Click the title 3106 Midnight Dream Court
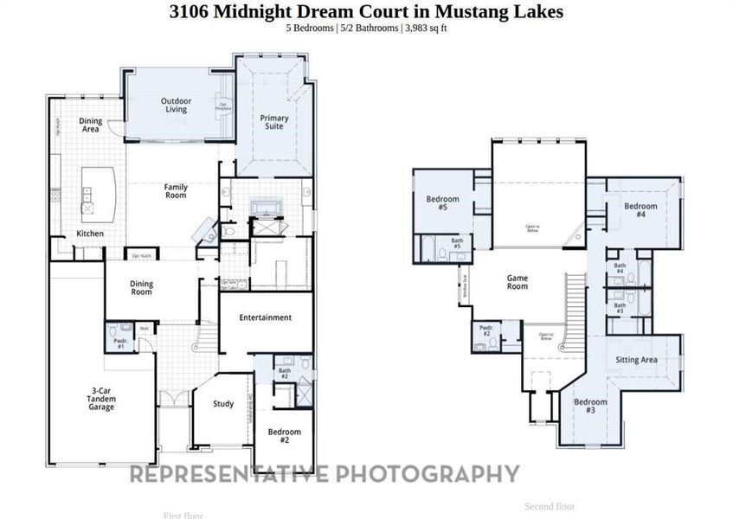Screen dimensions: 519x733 [366, 12]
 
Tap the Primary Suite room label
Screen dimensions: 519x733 [274, 122]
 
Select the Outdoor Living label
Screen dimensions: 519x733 [176, 106]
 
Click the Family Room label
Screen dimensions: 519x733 [176, 191]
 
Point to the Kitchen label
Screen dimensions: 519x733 [90, 234]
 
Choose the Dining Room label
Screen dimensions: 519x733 [141, 288]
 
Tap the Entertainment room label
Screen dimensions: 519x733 [266, 317]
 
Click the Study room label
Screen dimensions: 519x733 [223, 403]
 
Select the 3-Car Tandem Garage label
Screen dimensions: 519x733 [101, 399]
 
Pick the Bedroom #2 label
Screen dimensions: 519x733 [284, 435]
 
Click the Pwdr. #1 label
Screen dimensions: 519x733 [119, 343]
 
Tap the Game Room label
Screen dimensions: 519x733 [518, 282]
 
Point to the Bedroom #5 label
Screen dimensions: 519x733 [436, 203]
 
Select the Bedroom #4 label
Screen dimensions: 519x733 [640, 210]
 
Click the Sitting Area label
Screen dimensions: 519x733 [636, 360]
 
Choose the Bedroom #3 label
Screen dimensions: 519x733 [590, 406]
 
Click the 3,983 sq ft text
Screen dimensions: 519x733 [426, 28]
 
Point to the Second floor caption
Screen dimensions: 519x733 [550, 506]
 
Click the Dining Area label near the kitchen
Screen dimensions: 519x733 [90, 125]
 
